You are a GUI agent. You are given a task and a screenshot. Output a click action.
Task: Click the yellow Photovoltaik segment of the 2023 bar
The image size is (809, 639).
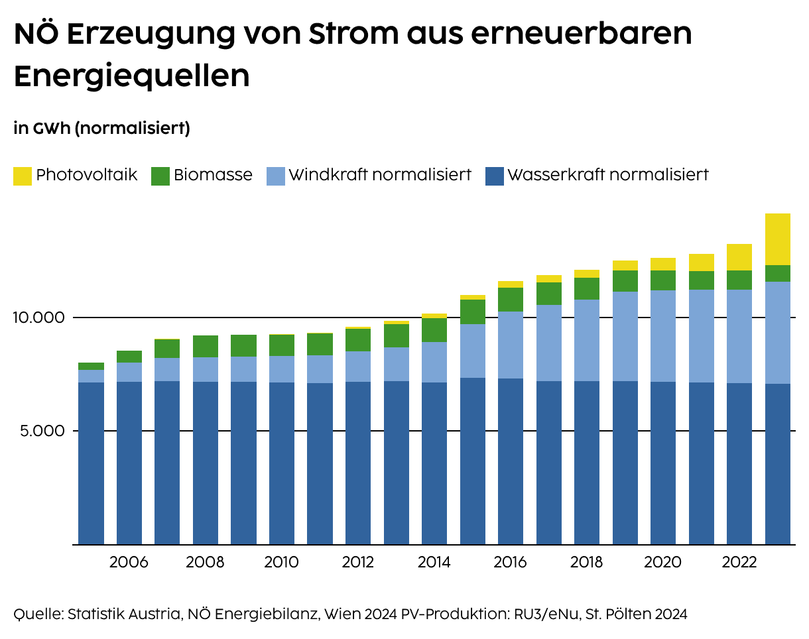click(777, 239)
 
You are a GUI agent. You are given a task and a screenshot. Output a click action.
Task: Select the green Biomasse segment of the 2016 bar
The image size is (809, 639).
click(511, 300)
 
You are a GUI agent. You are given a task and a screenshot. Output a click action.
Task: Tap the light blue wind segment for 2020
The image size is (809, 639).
click(662, 336)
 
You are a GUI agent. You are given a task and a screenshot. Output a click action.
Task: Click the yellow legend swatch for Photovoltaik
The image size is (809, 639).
click(23, 176)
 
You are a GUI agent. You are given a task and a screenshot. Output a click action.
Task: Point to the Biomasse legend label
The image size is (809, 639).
click(213, 175)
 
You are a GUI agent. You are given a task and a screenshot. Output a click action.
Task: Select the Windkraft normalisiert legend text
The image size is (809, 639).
click(380, 175)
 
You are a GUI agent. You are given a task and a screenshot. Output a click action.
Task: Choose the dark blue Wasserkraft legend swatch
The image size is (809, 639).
click(495, 176)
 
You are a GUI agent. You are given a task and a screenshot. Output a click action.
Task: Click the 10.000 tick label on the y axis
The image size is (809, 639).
click(38, 318)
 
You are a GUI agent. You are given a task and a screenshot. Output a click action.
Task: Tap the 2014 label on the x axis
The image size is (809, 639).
click(434, 563)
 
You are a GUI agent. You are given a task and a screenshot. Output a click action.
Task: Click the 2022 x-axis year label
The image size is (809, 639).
click(739, 563)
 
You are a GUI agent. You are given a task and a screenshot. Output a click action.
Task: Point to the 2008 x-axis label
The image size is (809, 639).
click(205, 563)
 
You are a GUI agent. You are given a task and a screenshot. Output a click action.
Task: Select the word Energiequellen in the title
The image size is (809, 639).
click(131, 76)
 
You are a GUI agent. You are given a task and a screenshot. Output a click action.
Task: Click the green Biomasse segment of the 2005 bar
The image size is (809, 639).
click(91, 366)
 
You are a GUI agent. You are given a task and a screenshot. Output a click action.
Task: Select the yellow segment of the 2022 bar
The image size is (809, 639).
click(739, 257)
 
